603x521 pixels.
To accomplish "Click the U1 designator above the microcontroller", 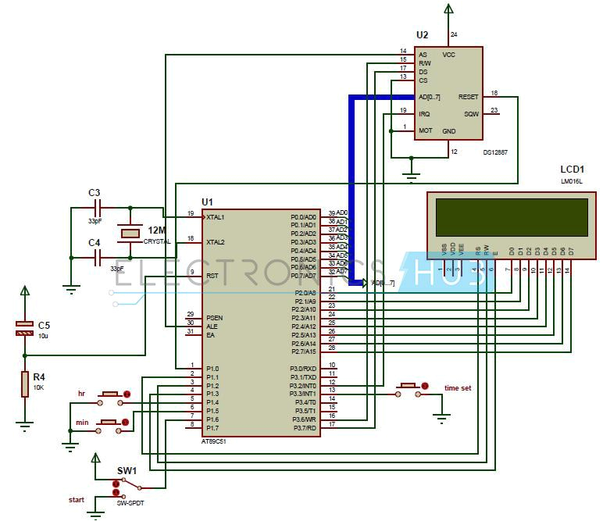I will click(x=207, y=201).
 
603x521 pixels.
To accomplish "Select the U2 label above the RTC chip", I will click(x=423, y=35).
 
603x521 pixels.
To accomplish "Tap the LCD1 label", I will click(x=573, y=169).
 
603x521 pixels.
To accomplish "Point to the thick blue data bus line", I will click(x=351, y=187).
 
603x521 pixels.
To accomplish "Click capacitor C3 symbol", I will click(x=98, y=209).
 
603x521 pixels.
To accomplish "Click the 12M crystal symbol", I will click(x=130, y=234).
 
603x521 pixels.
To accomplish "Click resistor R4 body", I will click(x=25, y=383).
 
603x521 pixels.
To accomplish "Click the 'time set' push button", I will click(x=409, y=386).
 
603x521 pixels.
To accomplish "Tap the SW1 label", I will click(x=126, y=471).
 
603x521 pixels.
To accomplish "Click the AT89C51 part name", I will click(x=218, y=441).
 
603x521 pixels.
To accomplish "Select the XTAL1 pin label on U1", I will click(x=216, y=216).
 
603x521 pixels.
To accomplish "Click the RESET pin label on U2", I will click(x=468, y=97).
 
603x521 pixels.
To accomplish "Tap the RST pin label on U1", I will click(x=212, y=276).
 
